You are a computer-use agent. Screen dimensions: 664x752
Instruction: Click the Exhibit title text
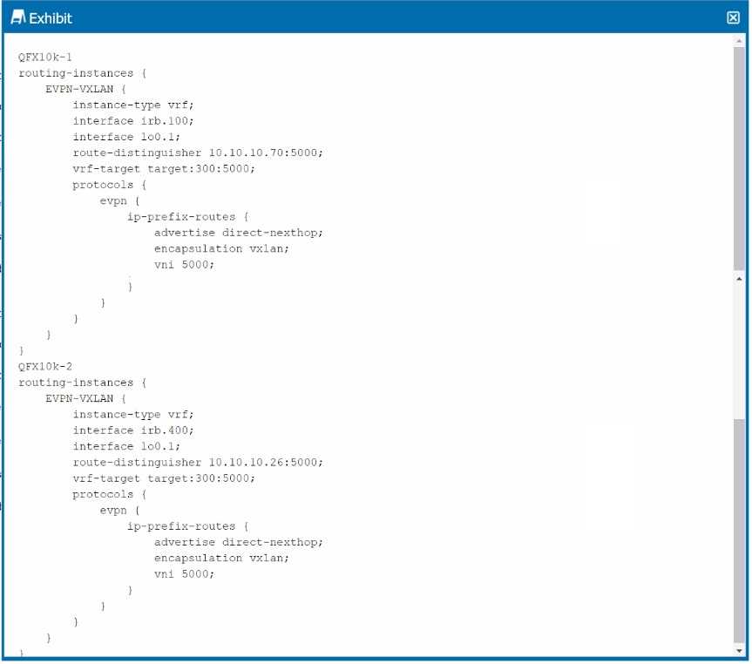tap(51, 17)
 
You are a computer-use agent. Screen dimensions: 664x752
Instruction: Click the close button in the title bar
tap(733, 17)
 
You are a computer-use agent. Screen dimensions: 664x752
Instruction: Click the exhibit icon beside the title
tap(17, 17)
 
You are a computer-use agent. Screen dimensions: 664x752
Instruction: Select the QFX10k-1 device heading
tap(45, 57)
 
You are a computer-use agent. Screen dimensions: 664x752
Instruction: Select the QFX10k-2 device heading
tap(45, 366)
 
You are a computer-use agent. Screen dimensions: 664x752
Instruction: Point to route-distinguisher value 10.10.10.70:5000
tap(266, 152)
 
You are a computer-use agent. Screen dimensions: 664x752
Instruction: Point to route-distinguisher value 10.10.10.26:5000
tap(266, 462)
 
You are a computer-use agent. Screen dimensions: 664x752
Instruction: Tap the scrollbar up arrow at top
tap(740, 41)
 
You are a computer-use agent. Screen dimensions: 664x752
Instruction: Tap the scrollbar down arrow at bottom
tap(740, 650)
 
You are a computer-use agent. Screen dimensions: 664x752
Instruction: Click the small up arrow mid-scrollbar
tap(740, 279)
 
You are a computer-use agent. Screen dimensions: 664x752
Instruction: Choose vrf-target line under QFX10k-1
tap(164, 168)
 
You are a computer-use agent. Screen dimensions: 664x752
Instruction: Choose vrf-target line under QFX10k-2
tap(164, 478)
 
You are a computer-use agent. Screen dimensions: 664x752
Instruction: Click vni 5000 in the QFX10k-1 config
tap(184, 264)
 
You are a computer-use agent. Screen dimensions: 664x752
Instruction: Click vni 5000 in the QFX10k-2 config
tap(184, 573)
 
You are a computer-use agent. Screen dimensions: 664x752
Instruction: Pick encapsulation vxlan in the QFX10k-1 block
tap(221, 248)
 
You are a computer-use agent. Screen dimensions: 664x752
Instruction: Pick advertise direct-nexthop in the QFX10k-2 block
tap(238, 542)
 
